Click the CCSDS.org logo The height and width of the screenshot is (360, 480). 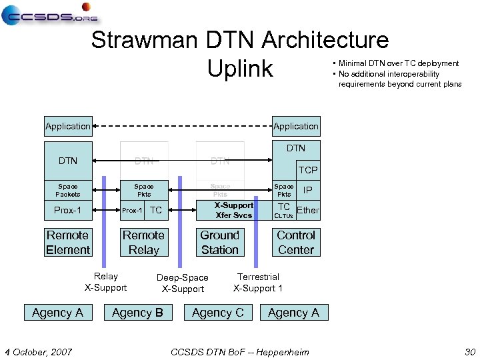coord(50,14)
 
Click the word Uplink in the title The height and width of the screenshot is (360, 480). coord(240,68)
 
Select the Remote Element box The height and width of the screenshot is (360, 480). coord(68,243)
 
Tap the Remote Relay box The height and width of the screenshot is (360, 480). coord(143,243)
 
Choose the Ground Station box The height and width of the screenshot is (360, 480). coord(219,243)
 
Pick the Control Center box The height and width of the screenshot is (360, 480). coord(295,243)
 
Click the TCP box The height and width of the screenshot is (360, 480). coord(307,170)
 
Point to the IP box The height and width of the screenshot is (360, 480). coord(307,190)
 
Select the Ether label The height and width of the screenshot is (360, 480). coord(307,211)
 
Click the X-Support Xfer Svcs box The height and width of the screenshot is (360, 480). coord(233,210)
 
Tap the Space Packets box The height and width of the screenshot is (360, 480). coord(68,190)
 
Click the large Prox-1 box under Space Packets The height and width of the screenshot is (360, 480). coord(68,211)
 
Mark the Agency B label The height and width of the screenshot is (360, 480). coord(137,313)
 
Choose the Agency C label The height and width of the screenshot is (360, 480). coord(217,313)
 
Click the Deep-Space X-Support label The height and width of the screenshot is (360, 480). coord(183,283)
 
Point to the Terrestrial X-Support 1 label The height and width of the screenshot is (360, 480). coord(258,283)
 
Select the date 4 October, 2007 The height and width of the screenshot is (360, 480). coord(39,351)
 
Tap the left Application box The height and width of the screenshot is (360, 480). coord(68,126)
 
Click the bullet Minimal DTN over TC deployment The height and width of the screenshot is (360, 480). coord(398,63)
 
